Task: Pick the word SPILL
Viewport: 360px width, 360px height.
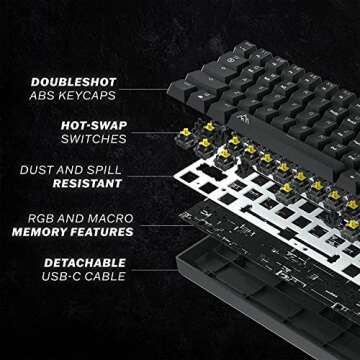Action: [112, 171]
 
